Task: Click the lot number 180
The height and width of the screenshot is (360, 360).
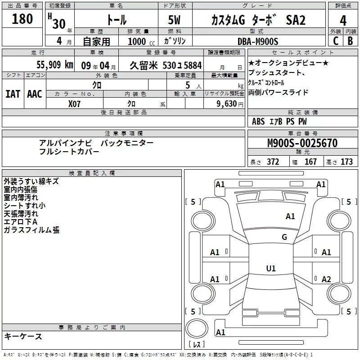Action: [22, 19]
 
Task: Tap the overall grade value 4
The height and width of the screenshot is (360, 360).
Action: [343, 20]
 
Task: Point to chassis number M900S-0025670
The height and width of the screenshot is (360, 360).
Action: [302, 144]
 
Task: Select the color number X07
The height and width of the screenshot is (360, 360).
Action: [74, 103]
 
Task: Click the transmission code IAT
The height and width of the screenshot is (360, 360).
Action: [13, 94]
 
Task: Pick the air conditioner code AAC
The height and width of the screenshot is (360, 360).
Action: [35, 94]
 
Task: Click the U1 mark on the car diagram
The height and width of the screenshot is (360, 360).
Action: [270, 269]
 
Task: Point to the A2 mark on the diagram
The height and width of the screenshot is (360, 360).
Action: [326, 279]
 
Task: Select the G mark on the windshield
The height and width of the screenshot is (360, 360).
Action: [284, 237]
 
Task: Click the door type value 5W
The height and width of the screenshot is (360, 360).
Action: [175, 20]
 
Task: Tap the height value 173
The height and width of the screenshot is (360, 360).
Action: [346, 162]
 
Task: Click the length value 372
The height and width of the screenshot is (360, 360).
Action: [273, 162]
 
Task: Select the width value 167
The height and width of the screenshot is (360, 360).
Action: [310, 162]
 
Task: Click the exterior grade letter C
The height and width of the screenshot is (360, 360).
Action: [335, 40]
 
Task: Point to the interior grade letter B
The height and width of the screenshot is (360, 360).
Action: [350, 40]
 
